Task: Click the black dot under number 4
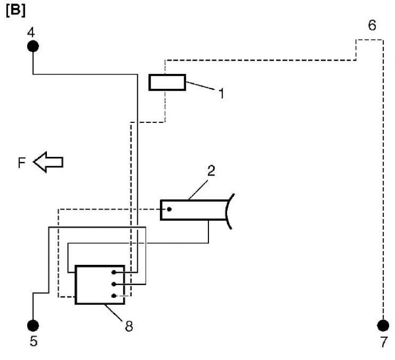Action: [33, 46]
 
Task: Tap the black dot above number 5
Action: [33, 325]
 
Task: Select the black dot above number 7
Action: [383, 325]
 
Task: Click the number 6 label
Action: [372, 25]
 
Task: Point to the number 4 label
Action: [31, 33]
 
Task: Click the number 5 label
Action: [34, 341]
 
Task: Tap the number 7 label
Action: [384, 342]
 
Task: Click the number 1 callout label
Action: [221, 93]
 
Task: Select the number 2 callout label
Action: [211, 170]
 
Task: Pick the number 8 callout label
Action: [129, 326]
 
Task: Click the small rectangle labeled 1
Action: [167, 82]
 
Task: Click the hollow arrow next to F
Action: [48, 162]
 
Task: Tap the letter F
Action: [22, 162]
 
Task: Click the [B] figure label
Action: [16, 11]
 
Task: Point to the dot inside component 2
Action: [169, 209]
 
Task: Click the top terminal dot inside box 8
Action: [114, 272]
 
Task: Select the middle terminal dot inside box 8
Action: [114, 284]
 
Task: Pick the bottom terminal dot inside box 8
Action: [114, 296]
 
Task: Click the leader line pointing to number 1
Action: [200, 86]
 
